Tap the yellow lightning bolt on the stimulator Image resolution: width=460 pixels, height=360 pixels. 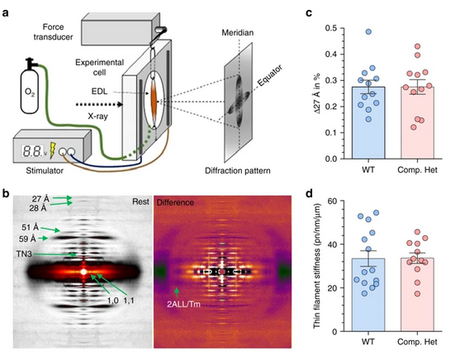point(53,150)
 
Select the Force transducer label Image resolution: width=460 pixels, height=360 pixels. point(53,31)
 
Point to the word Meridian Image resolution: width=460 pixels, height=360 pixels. point(237,32)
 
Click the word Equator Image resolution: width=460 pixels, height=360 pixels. point(270,75)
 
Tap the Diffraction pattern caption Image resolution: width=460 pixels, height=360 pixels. point(238,170)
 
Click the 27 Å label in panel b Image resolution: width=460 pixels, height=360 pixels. point(40,199)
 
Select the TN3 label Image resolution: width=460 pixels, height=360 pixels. point(24,253)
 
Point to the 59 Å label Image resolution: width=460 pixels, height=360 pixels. point(27,239)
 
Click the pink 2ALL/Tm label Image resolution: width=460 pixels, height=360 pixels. point(183,304)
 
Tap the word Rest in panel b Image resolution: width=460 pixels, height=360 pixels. point(140,201)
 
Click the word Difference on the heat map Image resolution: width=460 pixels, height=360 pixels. point(175,202)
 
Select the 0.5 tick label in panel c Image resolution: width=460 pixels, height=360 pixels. point(330,28)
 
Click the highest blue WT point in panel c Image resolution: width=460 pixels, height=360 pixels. point(368,31)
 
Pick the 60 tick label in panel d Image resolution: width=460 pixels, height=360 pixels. point(332,201)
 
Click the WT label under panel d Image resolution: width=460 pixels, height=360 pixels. point(368,342)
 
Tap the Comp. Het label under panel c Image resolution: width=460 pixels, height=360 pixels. point(417,170)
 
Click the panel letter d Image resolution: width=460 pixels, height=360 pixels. point(309,194)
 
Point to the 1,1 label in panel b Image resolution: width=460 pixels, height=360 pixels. point(129,301)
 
